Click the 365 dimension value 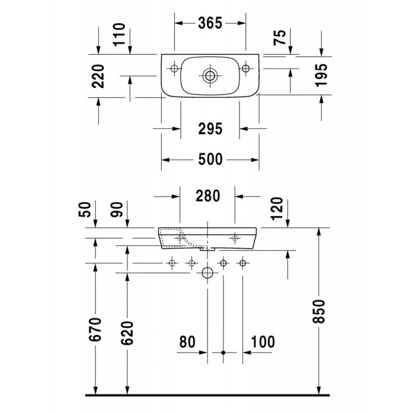pos(210,23)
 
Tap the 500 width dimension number pos(210,160)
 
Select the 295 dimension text pos(210,129)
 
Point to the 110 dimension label pos(119,35)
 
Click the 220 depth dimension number pos(98,76)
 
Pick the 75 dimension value pos(279,38)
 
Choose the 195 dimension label pos(321,75)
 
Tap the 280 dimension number pos(208,196)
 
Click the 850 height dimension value pos(319,311)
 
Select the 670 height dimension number pos(95,329)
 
